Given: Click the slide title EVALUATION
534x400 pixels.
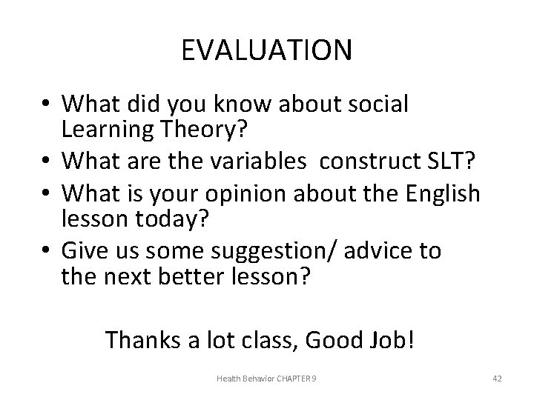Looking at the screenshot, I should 267,50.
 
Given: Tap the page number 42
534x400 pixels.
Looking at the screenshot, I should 497,379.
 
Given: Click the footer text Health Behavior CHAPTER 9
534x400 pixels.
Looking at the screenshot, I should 266,379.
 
